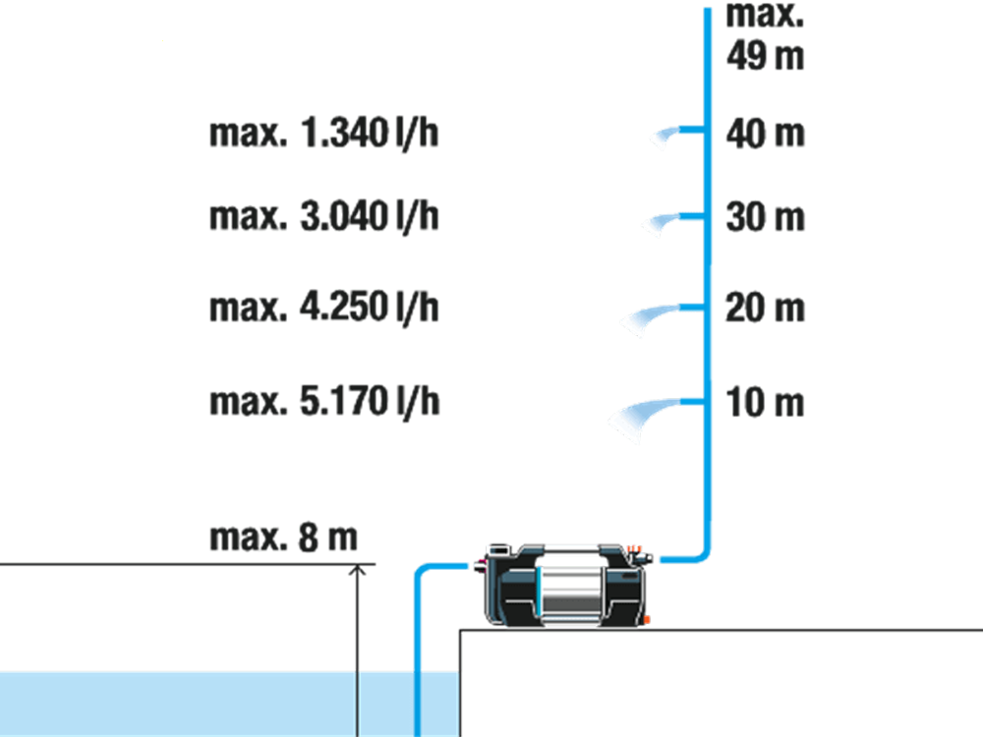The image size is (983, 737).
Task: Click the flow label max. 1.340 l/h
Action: coord(323,134)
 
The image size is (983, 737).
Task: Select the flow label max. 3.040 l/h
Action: coord(323,217)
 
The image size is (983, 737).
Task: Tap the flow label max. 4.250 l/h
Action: coord(323,308)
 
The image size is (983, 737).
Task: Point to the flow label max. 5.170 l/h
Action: coord(324,402)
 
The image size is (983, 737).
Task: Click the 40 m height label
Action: coord(765,134)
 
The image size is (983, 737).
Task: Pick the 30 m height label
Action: coord(765,217)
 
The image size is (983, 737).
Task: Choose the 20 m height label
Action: coord(765,309)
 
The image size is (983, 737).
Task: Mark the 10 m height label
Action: coord(765,402)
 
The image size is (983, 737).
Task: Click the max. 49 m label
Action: coord(765,35)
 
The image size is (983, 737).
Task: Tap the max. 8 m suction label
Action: coord(283,538)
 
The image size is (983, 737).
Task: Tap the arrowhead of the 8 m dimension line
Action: coord(358,569)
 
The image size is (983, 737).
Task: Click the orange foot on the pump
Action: coord(647,620)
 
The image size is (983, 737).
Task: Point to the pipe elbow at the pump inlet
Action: coord(422,570)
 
